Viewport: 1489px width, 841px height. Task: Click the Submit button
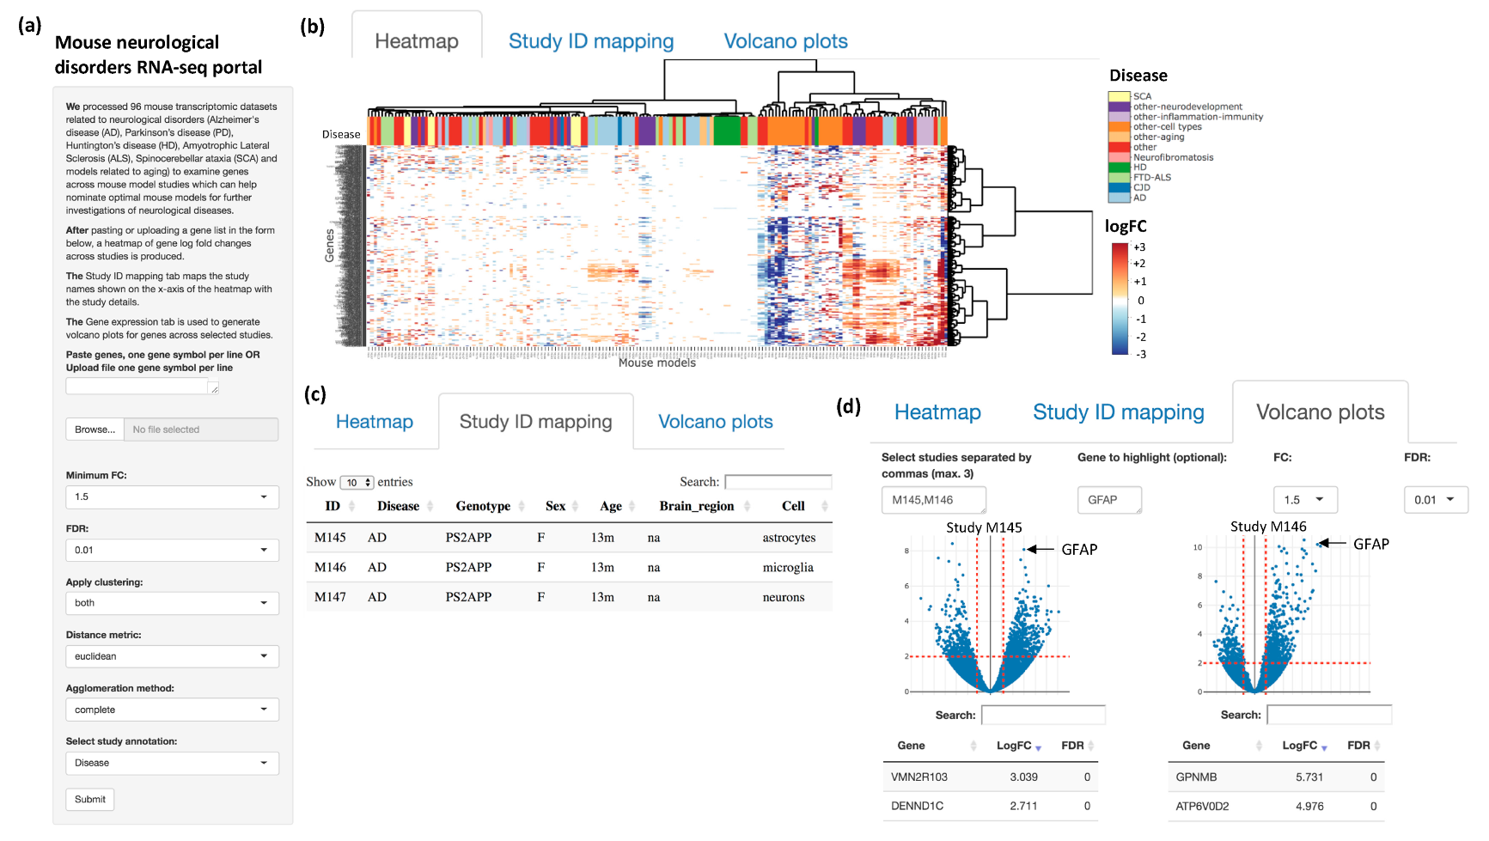89,799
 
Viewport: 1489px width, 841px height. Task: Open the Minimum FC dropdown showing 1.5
172,497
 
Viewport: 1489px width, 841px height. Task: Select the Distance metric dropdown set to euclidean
172,656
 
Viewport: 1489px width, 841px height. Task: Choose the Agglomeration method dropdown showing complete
172,710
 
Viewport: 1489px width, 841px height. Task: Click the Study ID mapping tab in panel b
590,41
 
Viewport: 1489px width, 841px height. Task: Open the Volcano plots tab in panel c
715,422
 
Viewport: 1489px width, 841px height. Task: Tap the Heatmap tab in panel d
937,412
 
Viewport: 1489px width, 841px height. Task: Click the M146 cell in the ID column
330,567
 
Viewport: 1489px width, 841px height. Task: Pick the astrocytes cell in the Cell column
789,538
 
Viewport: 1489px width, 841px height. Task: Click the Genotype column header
483,506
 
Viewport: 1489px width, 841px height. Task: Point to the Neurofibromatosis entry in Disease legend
1173,157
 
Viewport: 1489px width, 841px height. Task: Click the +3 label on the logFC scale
1139,247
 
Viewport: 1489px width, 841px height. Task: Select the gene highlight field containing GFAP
1109,500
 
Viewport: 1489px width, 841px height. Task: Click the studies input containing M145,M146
933,500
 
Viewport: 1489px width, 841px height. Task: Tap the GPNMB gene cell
1196,777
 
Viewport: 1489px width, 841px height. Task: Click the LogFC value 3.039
1023,777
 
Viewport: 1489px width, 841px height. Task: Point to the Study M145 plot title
984,527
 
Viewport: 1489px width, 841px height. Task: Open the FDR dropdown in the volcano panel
1435,500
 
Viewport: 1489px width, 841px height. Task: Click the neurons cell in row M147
784,597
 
